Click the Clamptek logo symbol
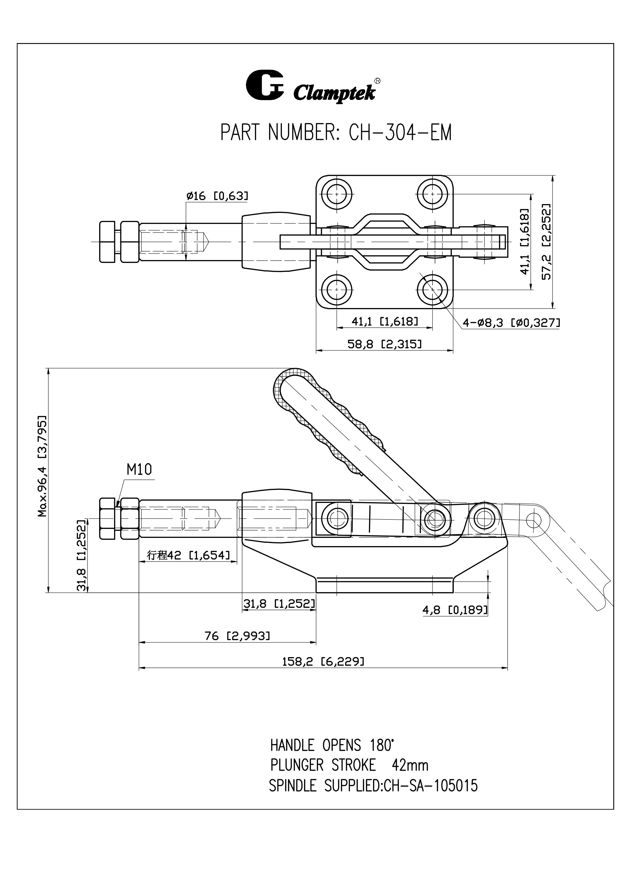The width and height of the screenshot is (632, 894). point(265,85)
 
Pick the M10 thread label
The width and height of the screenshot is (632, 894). point(139,470)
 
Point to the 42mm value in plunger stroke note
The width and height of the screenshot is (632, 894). point(410,766)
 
